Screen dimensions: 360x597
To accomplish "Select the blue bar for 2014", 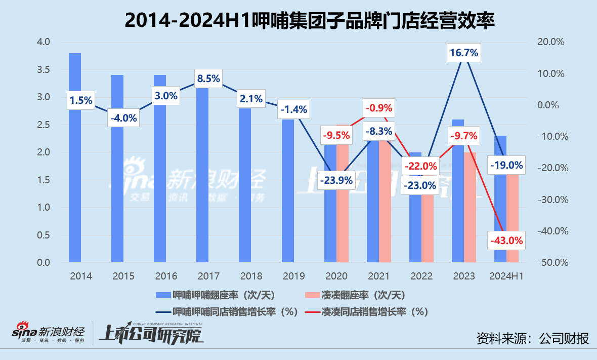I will click(75, 192).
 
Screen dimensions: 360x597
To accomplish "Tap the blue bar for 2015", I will click(117, 203).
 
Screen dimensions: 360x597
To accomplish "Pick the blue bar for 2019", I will click(287, 203).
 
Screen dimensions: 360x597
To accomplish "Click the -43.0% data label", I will click(506, 241).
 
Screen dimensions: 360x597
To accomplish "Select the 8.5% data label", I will click(208, 78).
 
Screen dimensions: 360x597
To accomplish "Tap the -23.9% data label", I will click(336, 180).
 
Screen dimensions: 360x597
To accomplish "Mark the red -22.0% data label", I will click(420, 166).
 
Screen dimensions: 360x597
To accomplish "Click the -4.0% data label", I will click(123, 118).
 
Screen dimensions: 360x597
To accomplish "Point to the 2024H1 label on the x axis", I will click(506, 276).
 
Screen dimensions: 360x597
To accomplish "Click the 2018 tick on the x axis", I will click(251, 276).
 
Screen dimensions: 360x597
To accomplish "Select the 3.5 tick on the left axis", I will click(44, 69).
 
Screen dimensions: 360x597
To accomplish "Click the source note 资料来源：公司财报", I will click(533, 338).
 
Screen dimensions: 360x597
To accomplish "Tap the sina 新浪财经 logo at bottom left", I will click(48, 333).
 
